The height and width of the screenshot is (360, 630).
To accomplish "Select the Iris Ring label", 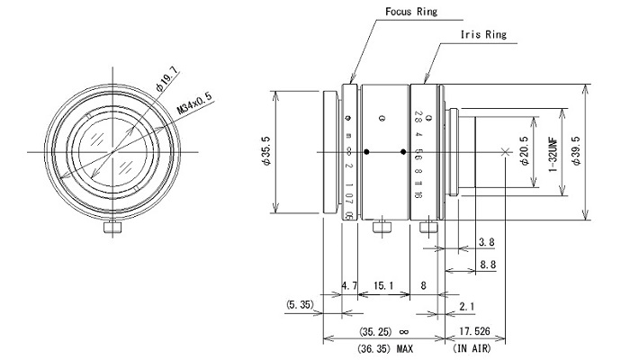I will tap(483, 35).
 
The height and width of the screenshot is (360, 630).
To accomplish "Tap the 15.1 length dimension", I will tap(384, 286).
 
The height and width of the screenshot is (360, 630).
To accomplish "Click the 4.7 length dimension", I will tap(351, 286).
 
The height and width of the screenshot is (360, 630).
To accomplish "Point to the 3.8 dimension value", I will tap(488, 242).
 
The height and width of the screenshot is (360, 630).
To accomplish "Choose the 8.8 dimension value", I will tap(488, 265).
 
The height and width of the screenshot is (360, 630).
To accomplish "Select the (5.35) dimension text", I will tap(301, 306).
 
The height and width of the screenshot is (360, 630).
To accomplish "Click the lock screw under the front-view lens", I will tap(112, 229).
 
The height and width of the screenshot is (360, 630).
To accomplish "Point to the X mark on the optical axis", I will tap(503, 151).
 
